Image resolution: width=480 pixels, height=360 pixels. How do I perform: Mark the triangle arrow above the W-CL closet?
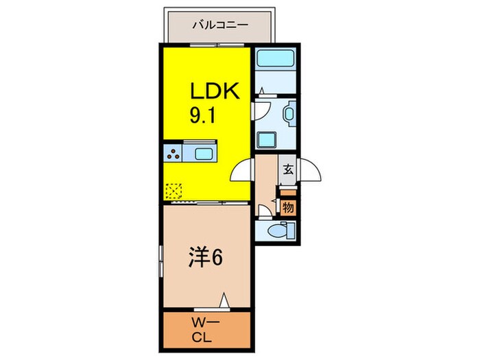(224, 300)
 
